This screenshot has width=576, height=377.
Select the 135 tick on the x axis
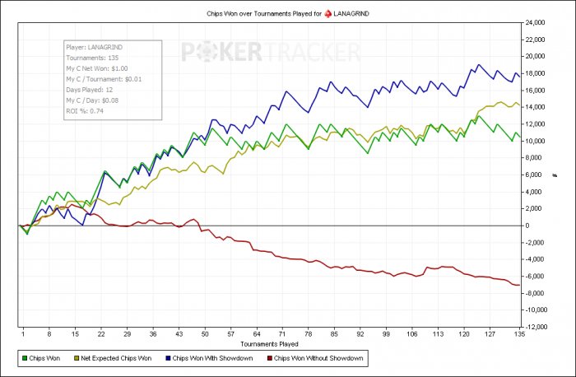(517, 335)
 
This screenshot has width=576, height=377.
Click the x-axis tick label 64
(257, 335)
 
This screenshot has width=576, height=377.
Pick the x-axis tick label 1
(23, 335)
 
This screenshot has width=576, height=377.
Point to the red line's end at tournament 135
(517, 285)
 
